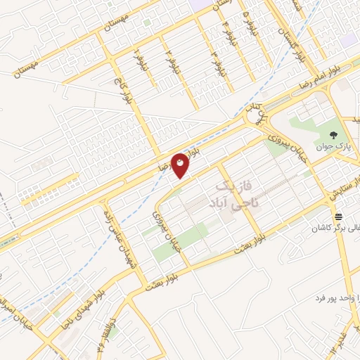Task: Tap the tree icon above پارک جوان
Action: pyautogui.click(x=335, y=136)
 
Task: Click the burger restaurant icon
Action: pyautogui.click(x=338, y=216)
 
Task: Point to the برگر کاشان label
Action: pyautogui.click(x=337, y=229)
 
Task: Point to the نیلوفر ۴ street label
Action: pyautogui.click(x=226, y=32)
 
